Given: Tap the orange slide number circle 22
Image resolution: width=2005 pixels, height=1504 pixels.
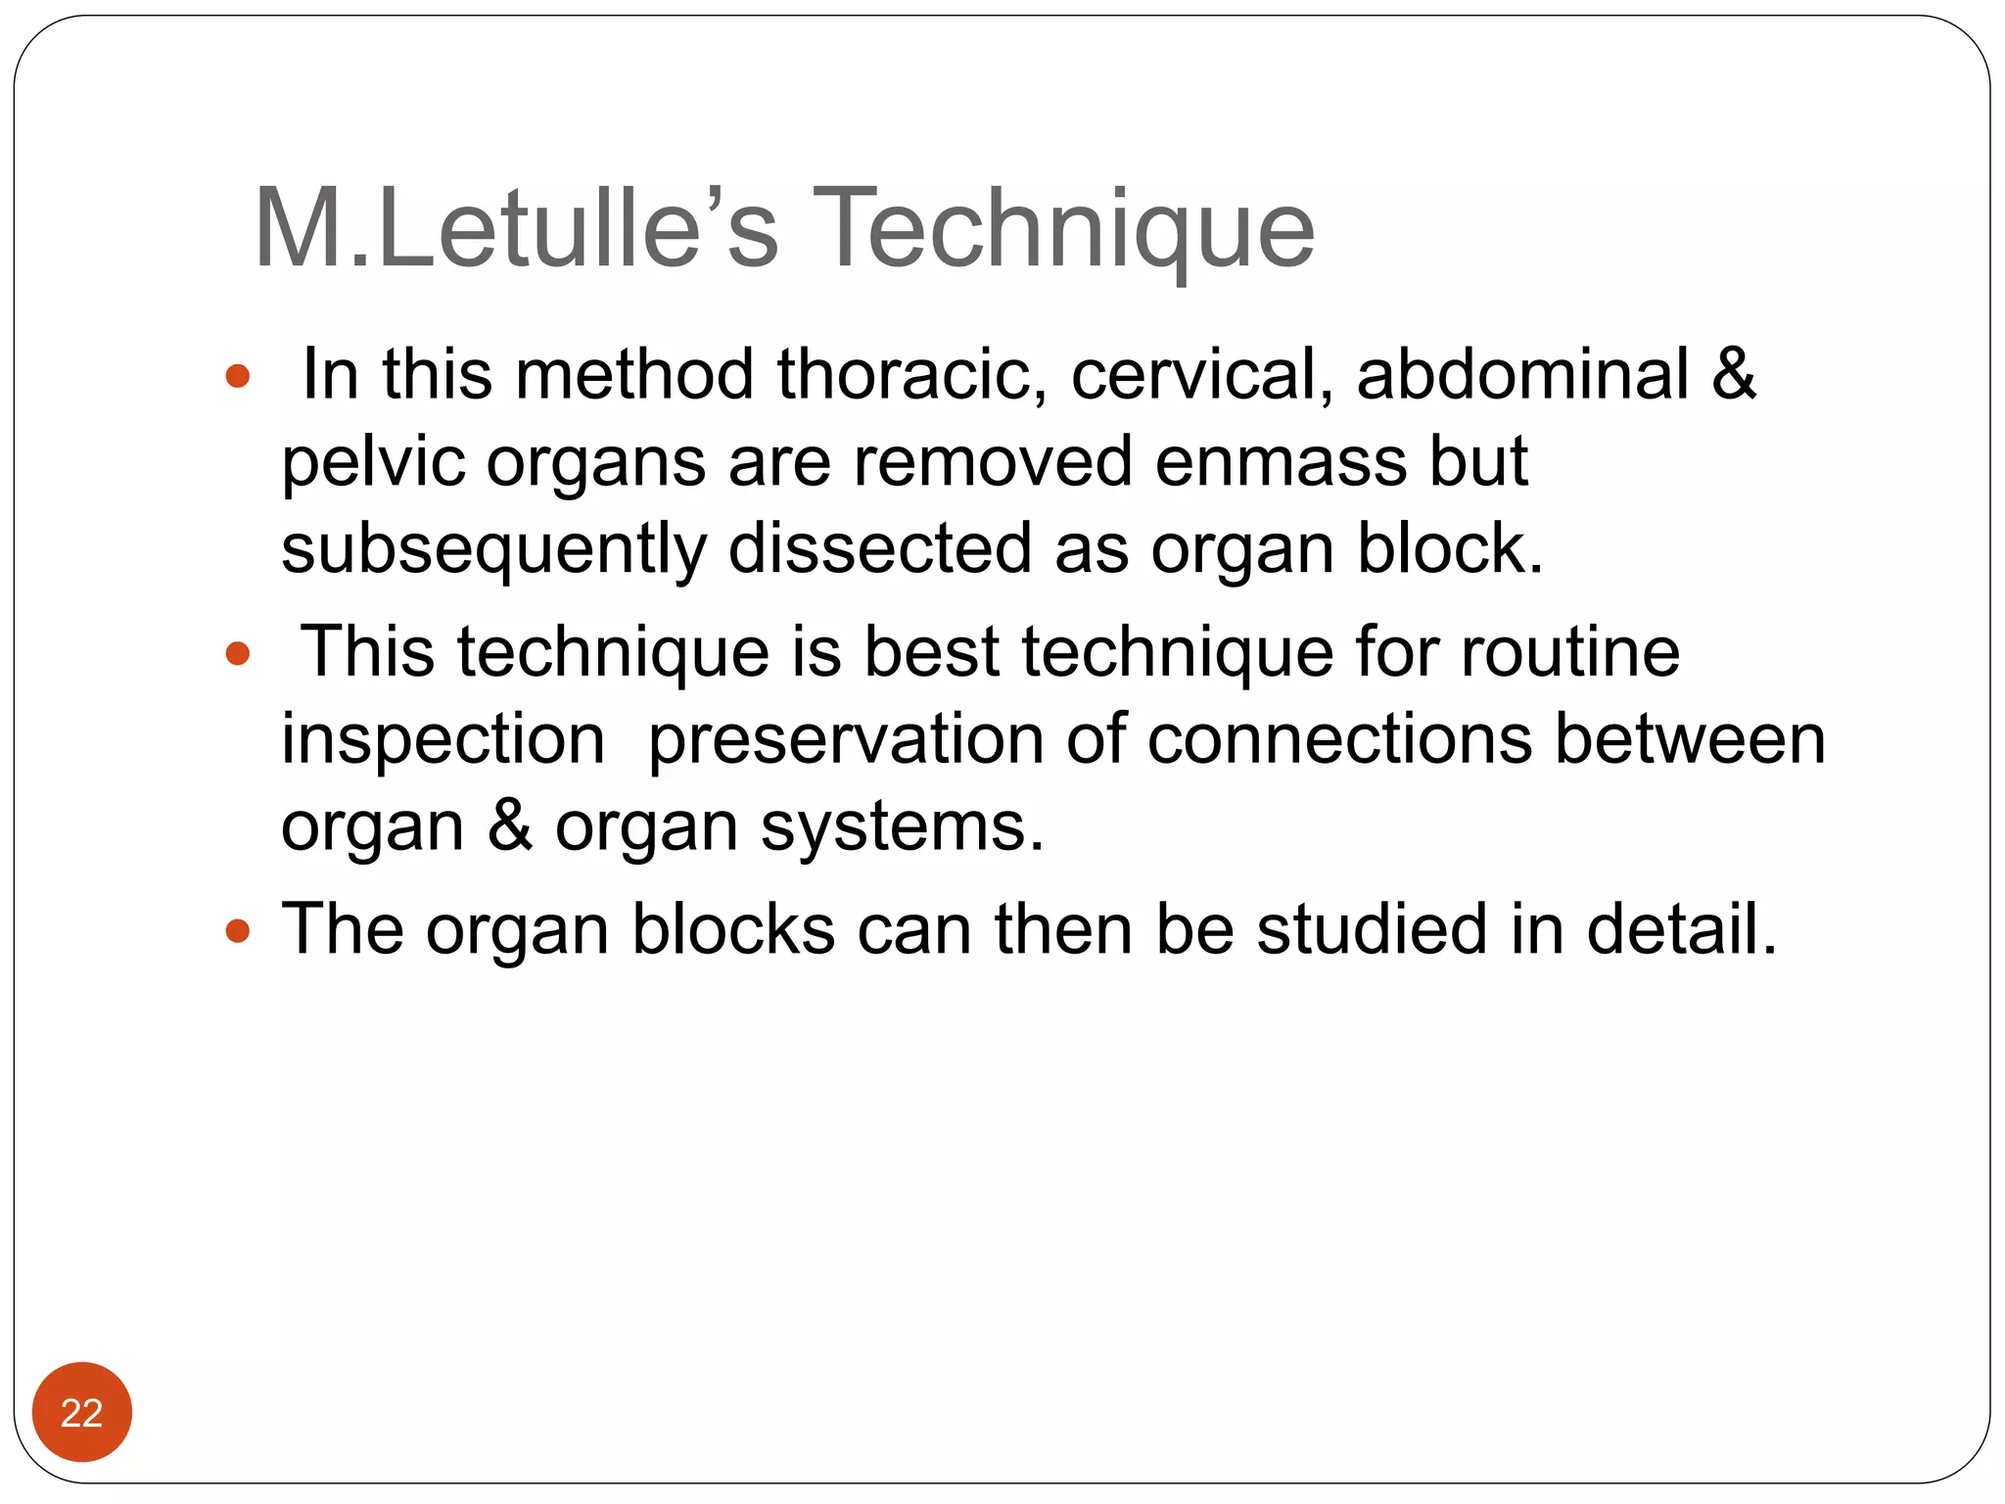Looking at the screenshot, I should (81, 1412).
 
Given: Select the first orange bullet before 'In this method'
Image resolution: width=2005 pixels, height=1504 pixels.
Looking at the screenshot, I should (238, 376).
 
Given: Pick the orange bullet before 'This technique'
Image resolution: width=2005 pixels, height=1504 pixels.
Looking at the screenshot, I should (238, 653).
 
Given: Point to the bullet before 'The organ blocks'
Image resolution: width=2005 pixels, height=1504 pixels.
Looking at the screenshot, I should (238, 930).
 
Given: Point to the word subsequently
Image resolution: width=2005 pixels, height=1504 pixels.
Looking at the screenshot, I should (493, 549).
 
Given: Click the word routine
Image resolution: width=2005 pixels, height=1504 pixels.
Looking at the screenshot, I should (1570, 652).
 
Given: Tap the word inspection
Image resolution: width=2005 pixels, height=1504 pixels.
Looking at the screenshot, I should (443, 740).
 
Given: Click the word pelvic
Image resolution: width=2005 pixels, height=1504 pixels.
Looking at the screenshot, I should (373, 461).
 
